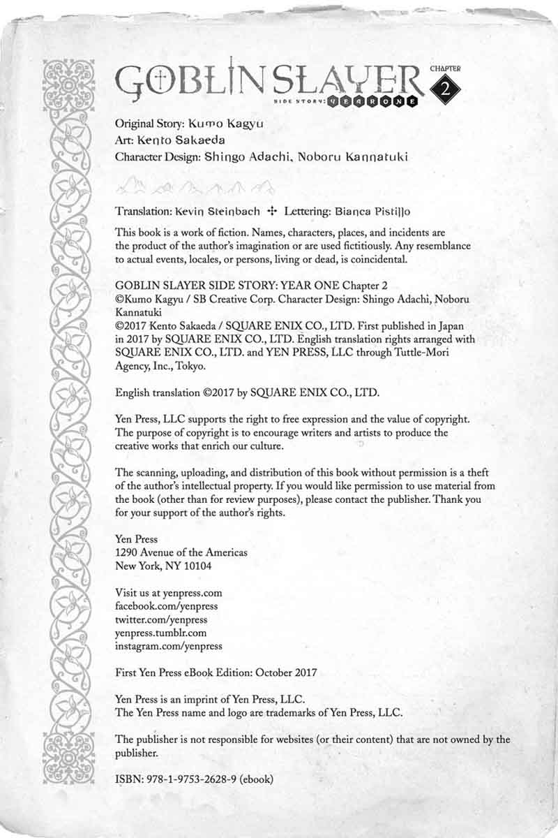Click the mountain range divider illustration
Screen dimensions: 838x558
click(x=195, y=185)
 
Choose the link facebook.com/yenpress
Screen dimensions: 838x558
click(x=166, y=605)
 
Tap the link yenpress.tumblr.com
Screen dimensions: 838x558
click(x=160, y=632)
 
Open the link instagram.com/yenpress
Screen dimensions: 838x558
click(x=168, y=646)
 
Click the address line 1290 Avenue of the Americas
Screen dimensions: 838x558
click(x=181, y=552)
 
